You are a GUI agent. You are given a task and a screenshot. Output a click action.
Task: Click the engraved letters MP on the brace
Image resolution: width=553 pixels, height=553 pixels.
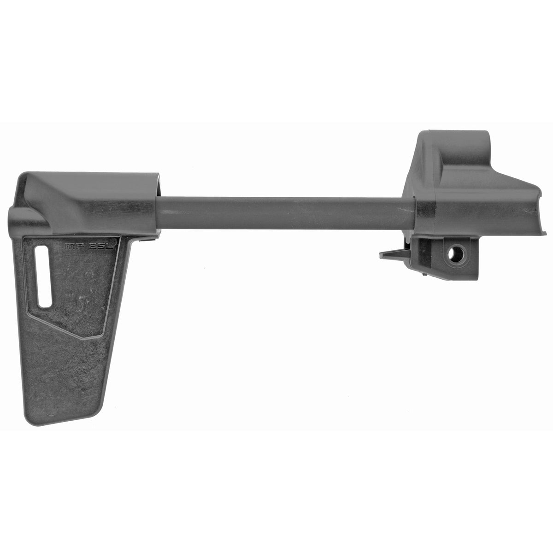coord(72,247)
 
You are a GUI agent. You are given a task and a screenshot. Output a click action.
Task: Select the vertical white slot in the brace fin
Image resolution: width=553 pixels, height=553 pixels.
coord(45,276)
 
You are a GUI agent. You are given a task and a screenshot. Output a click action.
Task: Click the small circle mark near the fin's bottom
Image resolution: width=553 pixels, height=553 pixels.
coord(51,408)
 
